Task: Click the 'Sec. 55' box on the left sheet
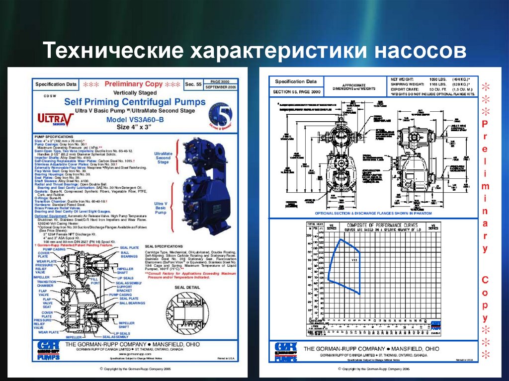point(192,84)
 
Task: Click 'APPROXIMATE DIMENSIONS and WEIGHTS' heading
point(354,86)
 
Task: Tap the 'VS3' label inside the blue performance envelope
point(354,260)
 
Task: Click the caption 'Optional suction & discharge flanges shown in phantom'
point(364,213)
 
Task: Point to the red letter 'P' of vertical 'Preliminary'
point(485,123)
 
